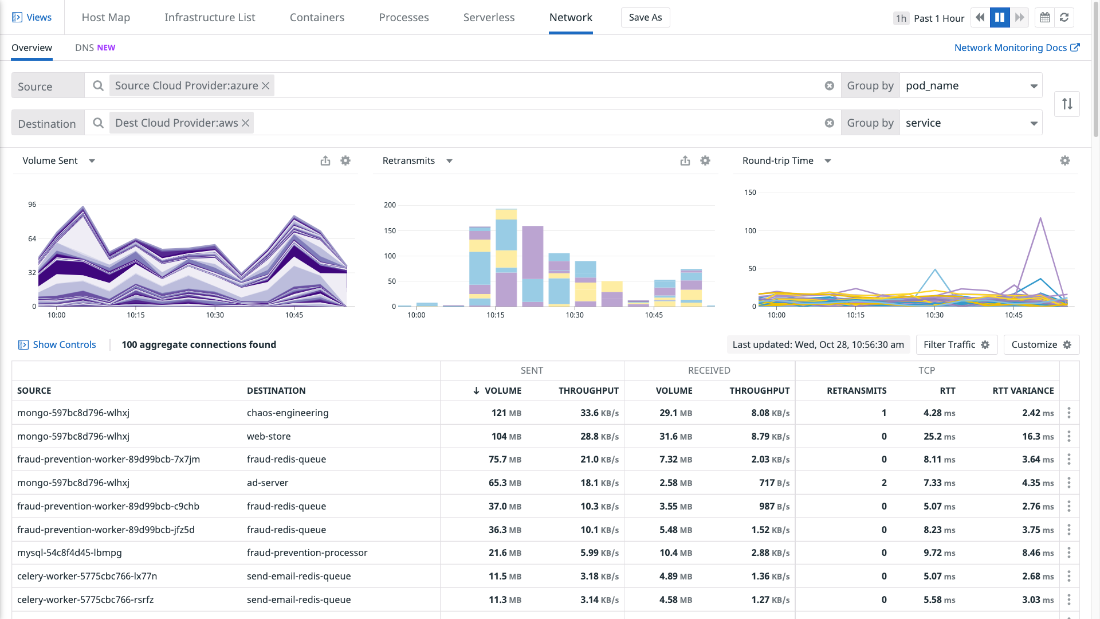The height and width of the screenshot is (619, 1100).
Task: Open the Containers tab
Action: point(317,17)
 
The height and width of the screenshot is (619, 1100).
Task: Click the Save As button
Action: point(645,17)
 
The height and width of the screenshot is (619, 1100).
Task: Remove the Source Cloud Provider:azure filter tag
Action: point(266,85)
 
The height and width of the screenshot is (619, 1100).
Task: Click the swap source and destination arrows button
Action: point(1067,104)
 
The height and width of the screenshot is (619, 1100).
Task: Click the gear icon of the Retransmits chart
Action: point(705,160)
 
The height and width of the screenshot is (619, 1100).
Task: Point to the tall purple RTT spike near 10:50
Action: point(1040,219)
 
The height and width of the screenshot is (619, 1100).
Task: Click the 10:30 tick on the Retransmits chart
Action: point(575,315)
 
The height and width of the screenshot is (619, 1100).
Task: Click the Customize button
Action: point(1041,344)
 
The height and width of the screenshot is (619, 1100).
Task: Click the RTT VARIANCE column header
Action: point(1023,390)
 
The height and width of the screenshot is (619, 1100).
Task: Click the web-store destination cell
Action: point(269,436)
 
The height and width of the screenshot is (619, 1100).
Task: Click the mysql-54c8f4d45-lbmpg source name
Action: point(69,553)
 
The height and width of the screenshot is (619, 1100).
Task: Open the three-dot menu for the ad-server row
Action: point(1068,483)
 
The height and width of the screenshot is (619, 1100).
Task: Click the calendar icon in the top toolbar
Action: point(1045,17)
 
